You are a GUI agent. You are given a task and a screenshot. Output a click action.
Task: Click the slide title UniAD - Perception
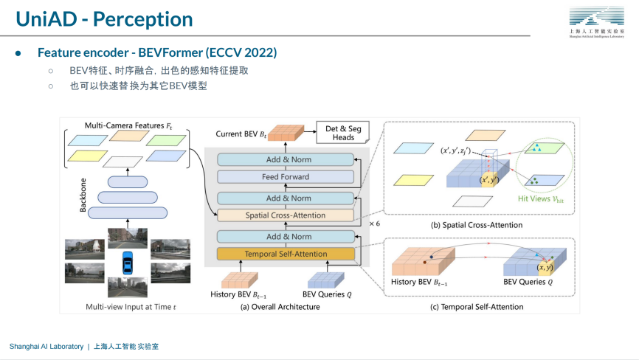click(x=105, y=19)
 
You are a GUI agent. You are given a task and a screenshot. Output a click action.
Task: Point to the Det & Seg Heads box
click(x=344, y=133)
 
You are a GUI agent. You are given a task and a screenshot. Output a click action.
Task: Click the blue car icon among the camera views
click(x=128, y=263)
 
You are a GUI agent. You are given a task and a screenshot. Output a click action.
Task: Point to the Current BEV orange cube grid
click(x=285, y=134)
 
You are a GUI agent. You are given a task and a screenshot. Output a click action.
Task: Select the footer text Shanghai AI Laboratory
click(x=46, y=346)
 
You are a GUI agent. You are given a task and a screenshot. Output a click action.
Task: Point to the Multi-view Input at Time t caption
click(x=131, y=306)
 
